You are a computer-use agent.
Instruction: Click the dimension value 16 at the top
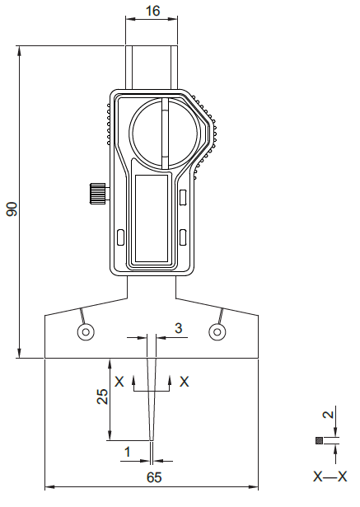click(x=152, y=11)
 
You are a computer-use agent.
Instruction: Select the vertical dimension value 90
click(x=12, y=209)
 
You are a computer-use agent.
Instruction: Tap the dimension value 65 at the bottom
click(x=154, y=477)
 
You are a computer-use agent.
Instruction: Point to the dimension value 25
click(x=102, y=397)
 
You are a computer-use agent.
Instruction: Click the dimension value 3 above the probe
click(x=179, y=328)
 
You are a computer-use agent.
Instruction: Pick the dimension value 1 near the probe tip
click(x=128, y=452)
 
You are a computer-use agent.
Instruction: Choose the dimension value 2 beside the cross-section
click(x=329, y=414)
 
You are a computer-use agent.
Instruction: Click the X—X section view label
click(x=330, y=476)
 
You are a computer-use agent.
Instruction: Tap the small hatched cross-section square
click(x=319, y=440)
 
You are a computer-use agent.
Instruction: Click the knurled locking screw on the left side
click(x=97, y=194)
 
